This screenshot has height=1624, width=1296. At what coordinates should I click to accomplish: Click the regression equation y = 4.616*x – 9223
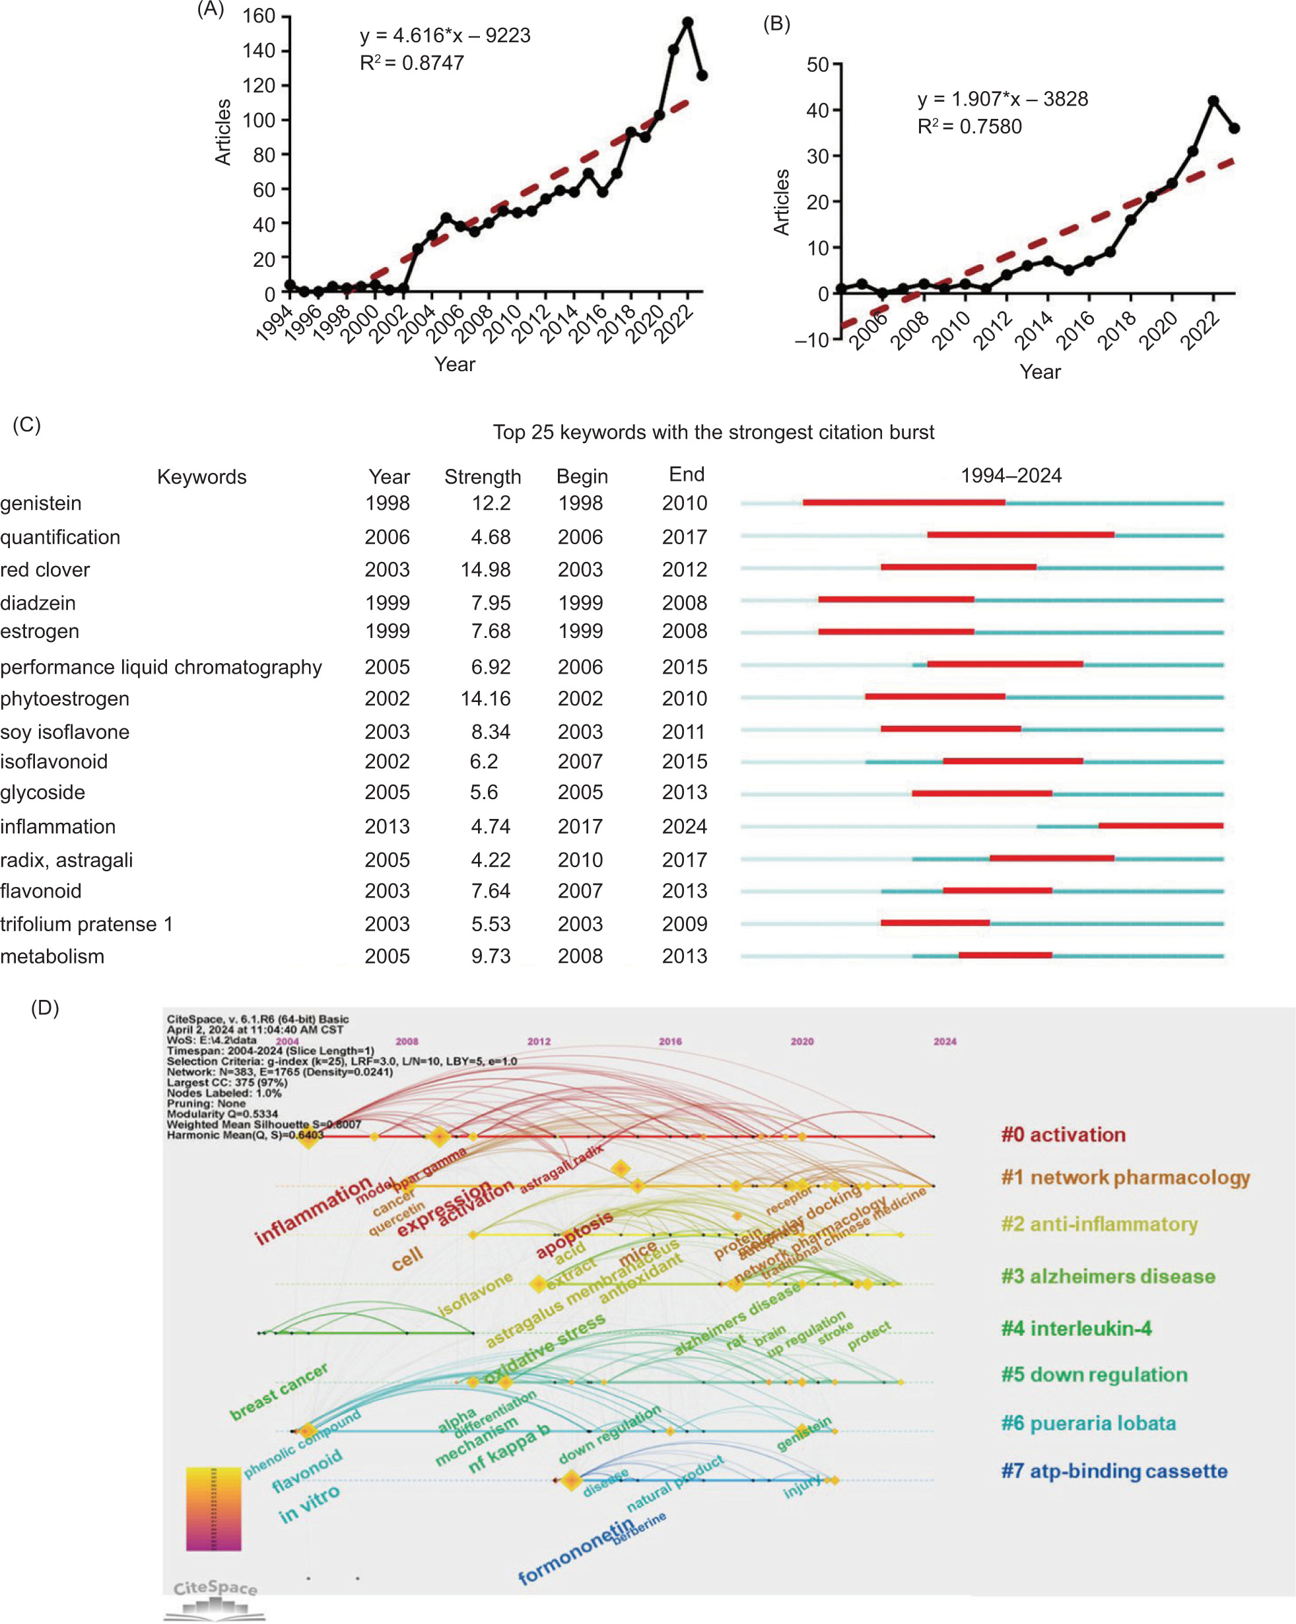pos(444,36)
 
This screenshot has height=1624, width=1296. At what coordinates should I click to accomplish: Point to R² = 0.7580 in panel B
pos(969,127)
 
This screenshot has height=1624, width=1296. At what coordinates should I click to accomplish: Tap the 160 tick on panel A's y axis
pos(258,16)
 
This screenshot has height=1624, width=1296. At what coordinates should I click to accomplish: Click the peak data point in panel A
pos(687,22)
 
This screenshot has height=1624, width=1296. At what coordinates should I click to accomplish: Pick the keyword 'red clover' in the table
pos(45,569)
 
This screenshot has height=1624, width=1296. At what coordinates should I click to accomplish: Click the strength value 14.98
pos(485,569)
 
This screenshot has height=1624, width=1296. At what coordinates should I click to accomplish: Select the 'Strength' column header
pos(482,477)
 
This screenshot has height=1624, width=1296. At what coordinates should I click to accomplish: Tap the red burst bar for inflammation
pos(1161,826)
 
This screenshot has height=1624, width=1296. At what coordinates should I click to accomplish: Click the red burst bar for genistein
pos(904,503)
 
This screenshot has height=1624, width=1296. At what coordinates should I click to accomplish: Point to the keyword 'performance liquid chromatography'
pos(161,666)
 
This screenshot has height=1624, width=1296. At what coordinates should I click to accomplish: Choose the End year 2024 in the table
pos(684,826)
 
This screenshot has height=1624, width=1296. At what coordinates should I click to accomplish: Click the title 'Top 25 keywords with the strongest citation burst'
pos(713,433)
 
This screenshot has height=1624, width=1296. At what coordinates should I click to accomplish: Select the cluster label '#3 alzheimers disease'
pos(1108,1276)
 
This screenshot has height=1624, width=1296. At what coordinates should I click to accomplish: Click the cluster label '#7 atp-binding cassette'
pos(1114,1471)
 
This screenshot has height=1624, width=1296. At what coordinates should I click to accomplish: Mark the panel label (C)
pos(26,425)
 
